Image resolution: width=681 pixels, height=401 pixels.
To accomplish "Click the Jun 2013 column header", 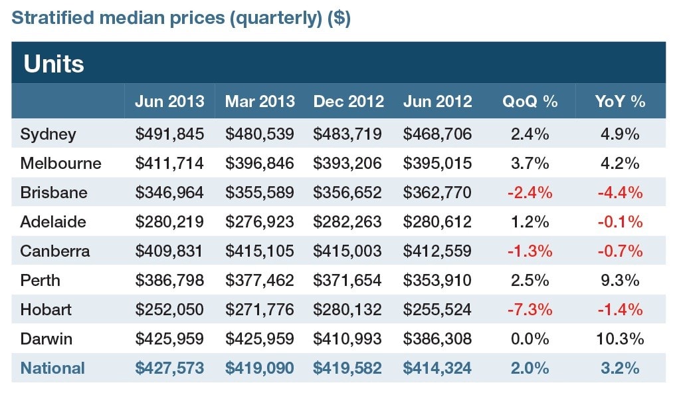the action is tap(169, 101).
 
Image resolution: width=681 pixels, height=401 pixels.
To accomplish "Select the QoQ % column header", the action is tap(530, 101).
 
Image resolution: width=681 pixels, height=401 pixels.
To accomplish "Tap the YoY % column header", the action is tap(620, 101).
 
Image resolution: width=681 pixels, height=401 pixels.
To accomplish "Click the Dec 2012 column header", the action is tap(348, 101).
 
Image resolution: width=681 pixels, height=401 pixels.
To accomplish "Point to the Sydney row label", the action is tap(49, 134).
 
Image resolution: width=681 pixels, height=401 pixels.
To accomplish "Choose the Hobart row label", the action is tap(46, 310).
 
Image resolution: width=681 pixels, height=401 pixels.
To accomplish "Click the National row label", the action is tap(52, 368).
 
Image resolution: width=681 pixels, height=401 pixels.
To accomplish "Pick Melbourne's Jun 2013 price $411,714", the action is tap(169, 163).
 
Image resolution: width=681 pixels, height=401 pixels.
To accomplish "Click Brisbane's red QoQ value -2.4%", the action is tap(530, 192).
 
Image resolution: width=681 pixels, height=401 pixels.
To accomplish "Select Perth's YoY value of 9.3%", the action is tap(620, 280).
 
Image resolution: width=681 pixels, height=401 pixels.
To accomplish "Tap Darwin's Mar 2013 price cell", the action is tap(259, 338).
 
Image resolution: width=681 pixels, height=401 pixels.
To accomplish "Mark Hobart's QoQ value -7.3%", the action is tap(530, 310).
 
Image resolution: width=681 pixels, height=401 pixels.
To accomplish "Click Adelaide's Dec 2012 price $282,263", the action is tap(347, 222).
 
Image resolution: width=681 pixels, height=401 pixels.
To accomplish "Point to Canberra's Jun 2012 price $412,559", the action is tap(437, 251).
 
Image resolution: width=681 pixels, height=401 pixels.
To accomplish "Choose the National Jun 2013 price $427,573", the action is tap(169, 368).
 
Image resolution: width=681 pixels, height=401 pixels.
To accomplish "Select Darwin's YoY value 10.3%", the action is tap(620, 338).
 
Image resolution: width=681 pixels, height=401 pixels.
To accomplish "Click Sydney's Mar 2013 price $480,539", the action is tap(259, 134).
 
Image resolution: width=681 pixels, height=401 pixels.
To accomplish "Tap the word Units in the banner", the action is tap(54, 64).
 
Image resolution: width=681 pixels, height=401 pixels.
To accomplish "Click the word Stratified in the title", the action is tap(53, 18).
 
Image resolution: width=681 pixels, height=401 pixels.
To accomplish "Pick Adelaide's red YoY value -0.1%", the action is tap(620, 222).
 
